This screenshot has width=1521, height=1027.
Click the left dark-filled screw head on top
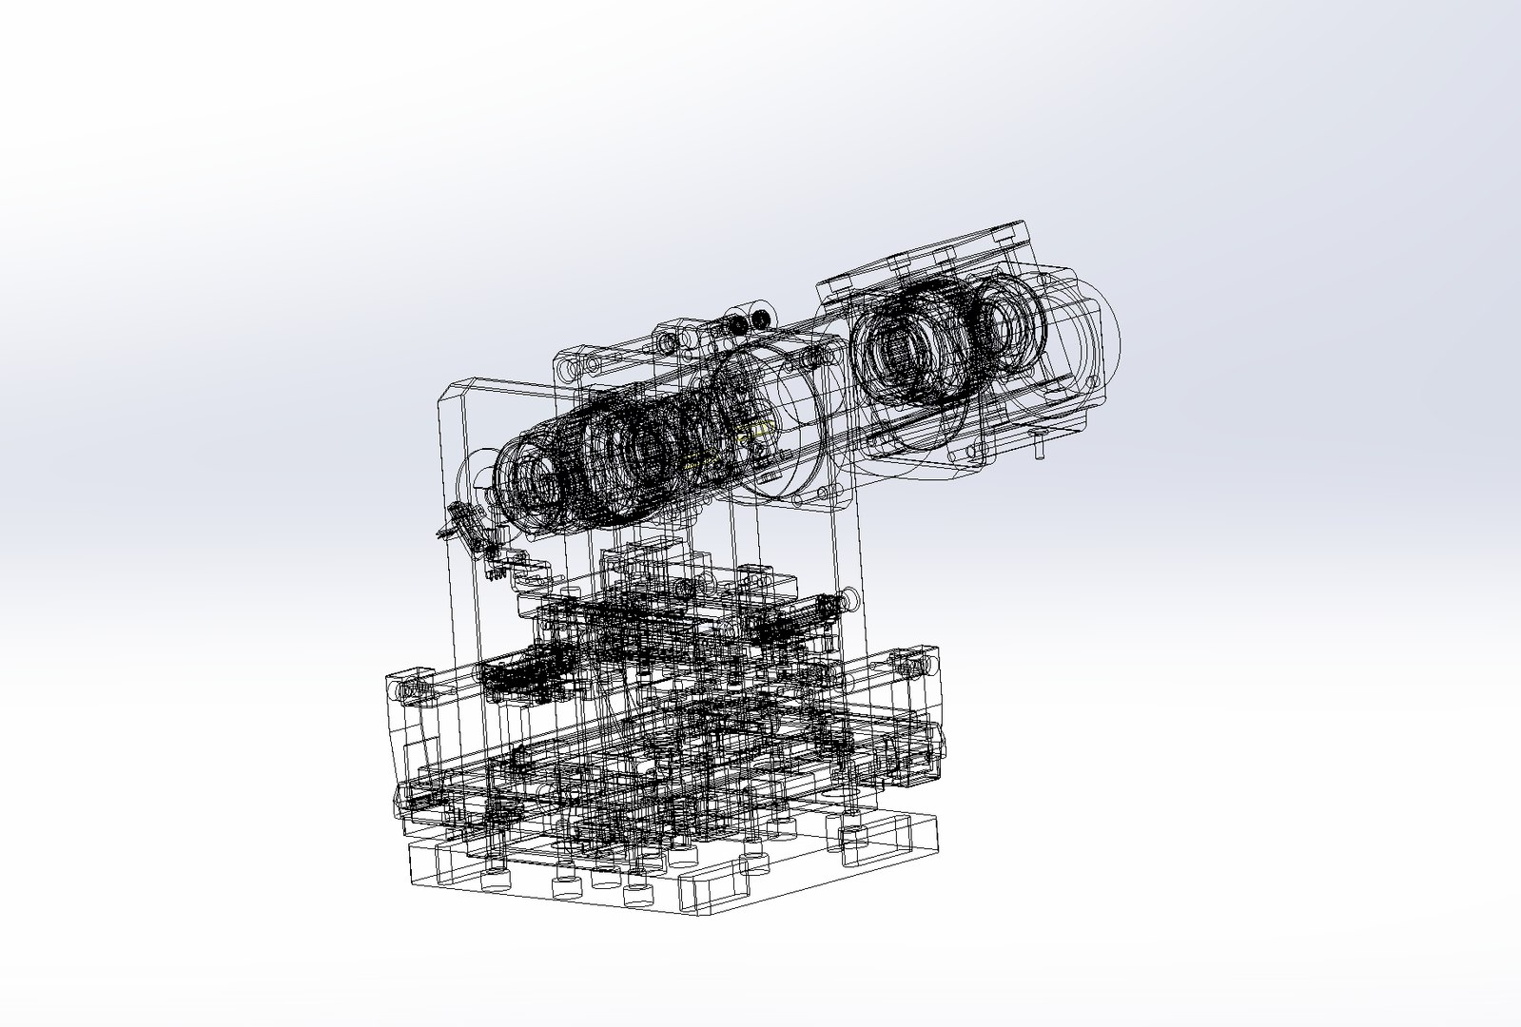tap(740, 325)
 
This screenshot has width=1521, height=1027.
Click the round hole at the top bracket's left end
tap(568, 366)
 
